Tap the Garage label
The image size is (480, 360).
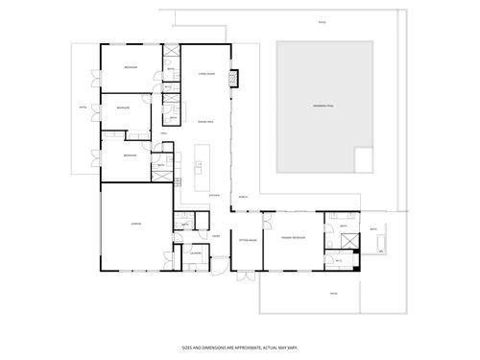pyautogui.click(x=136, y=224)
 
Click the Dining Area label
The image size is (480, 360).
pyautogui.click(x=204, y=122)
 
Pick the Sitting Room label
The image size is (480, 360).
pyautogui.click(x=247, y=241)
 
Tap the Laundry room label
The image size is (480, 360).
pyautogui.click(x=195, y=253)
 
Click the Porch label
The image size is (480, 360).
pyautogui.click(x=243, y=189)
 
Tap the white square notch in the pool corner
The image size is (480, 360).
pyautogui.click(x=364, y=159)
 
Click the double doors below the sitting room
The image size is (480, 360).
pyautogui.click(x=247, y=274)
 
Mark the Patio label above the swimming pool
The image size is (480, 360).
pyautogui.click(x=322, y=21)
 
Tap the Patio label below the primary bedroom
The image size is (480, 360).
pyautogui.click(x=333, y=293)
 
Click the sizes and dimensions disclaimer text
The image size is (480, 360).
pyautogui.click(x=240, y=348)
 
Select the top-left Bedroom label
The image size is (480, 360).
pyautogui.click(x=130, y=67)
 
